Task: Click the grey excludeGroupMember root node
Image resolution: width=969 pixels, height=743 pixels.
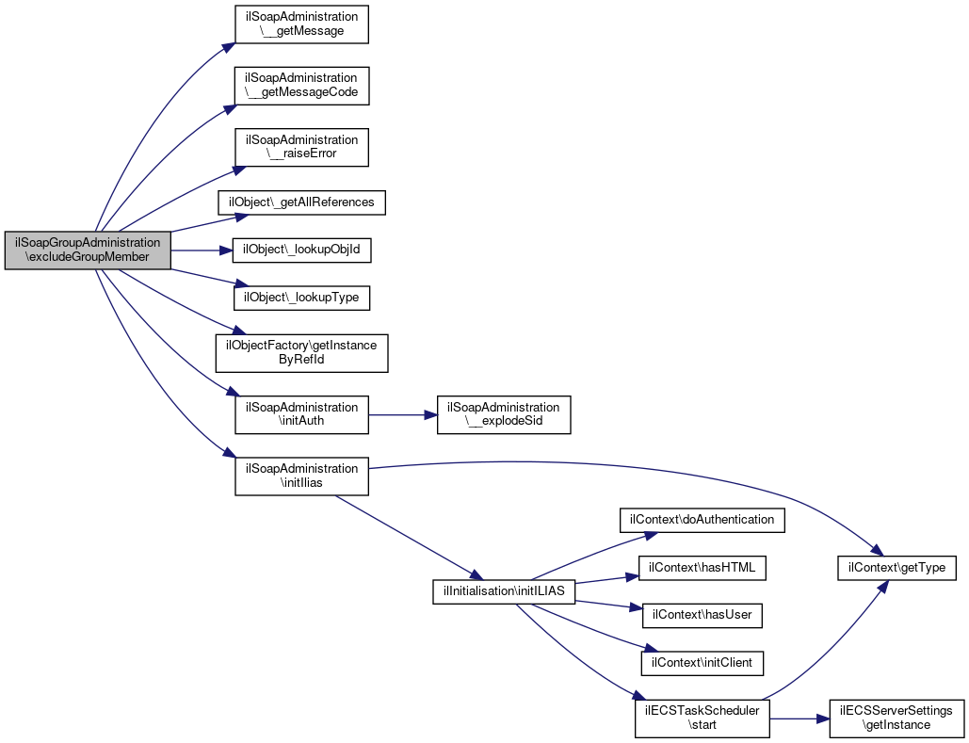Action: [88, 250]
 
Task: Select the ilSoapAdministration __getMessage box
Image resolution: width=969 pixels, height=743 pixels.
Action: [300, 24]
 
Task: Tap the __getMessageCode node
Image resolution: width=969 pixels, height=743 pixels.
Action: [300, 85]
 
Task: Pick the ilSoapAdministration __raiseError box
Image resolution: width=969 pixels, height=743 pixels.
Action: [300, 146]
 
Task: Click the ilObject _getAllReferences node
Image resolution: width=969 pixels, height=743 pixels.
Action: [301, 202]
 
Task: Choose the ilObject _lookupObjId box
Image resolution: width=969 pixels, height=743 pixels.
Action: [301, 250]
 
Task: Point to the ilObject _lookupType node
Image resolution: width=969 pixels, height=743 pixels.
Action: [301, 298]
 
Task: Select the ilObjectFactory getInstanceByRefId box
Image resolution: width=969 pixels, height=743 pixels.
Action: [301, 352]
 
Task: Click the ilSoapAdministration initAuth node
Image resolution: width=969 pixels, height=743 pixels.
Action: [300, 413]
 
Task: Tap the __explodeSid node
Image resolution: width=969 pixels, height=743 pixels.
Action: [504, 413]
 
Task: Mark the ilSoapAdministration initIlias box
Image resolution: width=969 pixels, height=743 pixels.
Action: [300, 475]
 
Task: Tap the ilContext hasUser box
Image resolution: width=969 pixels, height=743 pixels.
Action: [702, 615]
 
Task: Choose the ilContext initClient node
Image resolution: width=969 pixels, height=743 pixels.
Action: [702, 663]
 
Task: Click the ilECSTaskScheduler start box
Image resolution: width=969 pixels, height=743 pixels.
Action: [702, 718]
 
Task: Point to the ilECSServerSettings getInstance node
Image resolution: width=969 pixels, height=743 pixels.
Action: [896, 718]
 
